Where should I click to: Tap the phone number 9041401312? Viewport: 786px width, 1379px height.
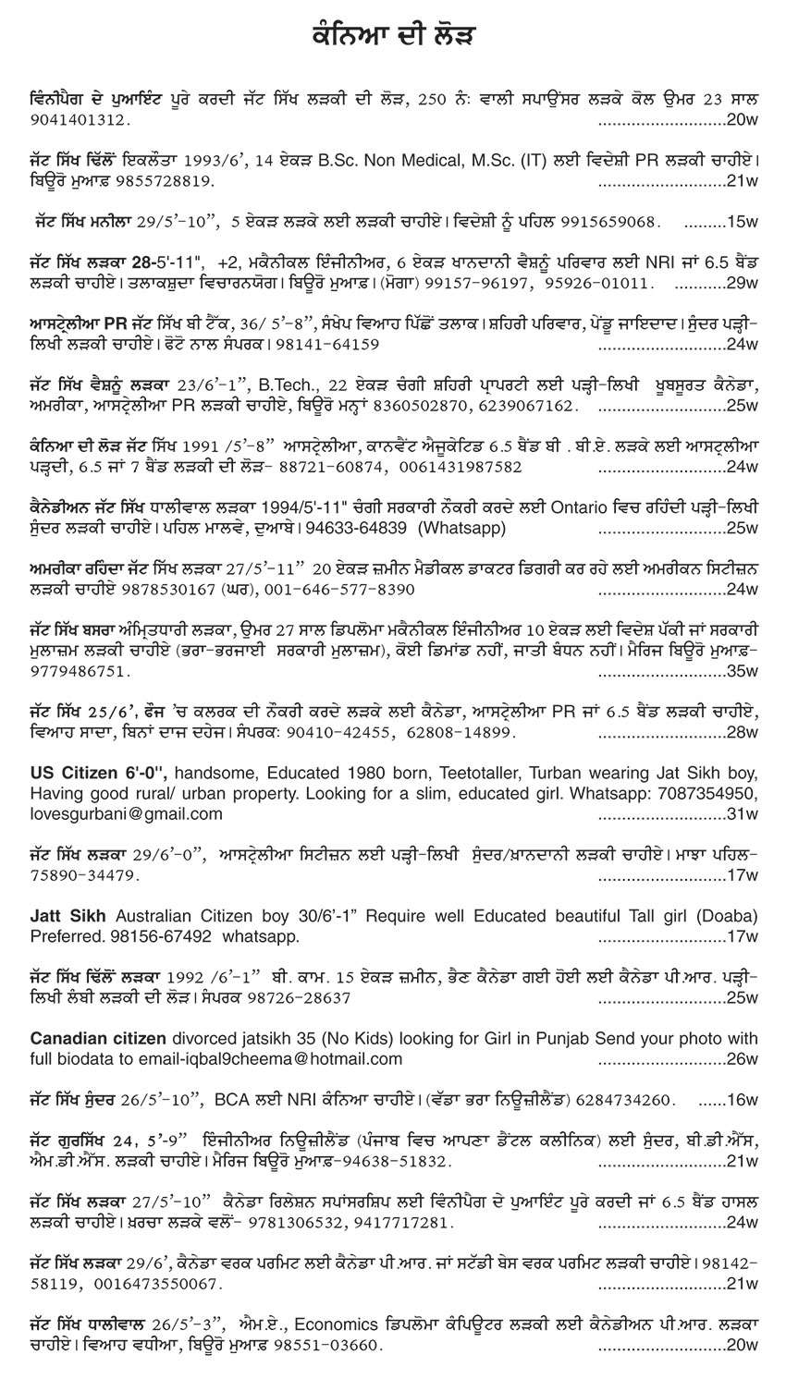click(73, 120)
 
